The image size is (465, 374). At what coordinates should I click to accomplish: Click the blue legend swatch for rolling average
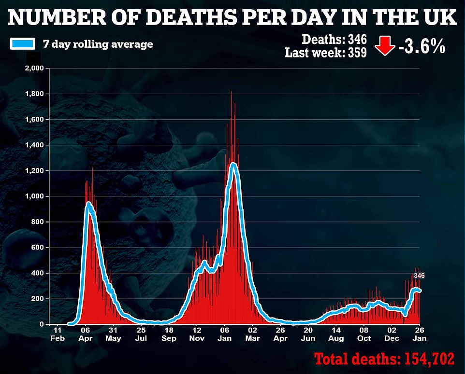click(22, 44)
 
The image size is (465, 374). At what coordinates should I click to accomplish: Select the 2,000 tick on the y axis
click(34, 69)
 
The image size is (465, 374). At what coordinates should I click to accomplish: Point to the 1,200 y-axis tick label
click(34, 171)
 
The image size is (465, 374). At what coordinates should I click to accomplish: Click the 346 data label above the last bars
click(419, 276)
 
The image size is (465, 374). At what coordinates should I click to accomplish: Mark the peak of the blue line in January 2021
click(233, 165)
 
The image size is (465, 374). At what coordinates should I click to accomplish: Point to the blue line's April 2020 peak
click(89, 203)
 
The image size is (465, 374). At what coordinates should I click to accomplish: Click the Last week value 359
click(356, 53)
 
